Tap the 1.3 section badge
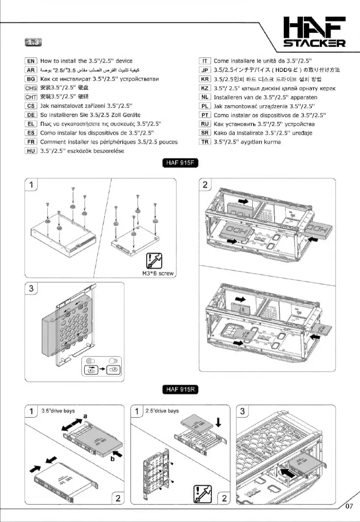(x=34, y=43)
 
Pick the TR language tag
(x=205, y=142)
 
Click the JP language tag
(x=205, y=70)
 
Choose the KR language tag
(x=205, y=79)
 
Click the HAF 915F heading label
(x=180, y=164)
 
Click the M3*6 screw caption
(x=158, y=273)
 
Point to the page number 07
(x=349, y=507)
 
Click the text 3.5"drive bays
(x=57, y=411)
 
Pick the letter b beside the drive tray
(x=113, y=459)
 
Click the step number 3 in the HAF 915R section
(x=244, y=412)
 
